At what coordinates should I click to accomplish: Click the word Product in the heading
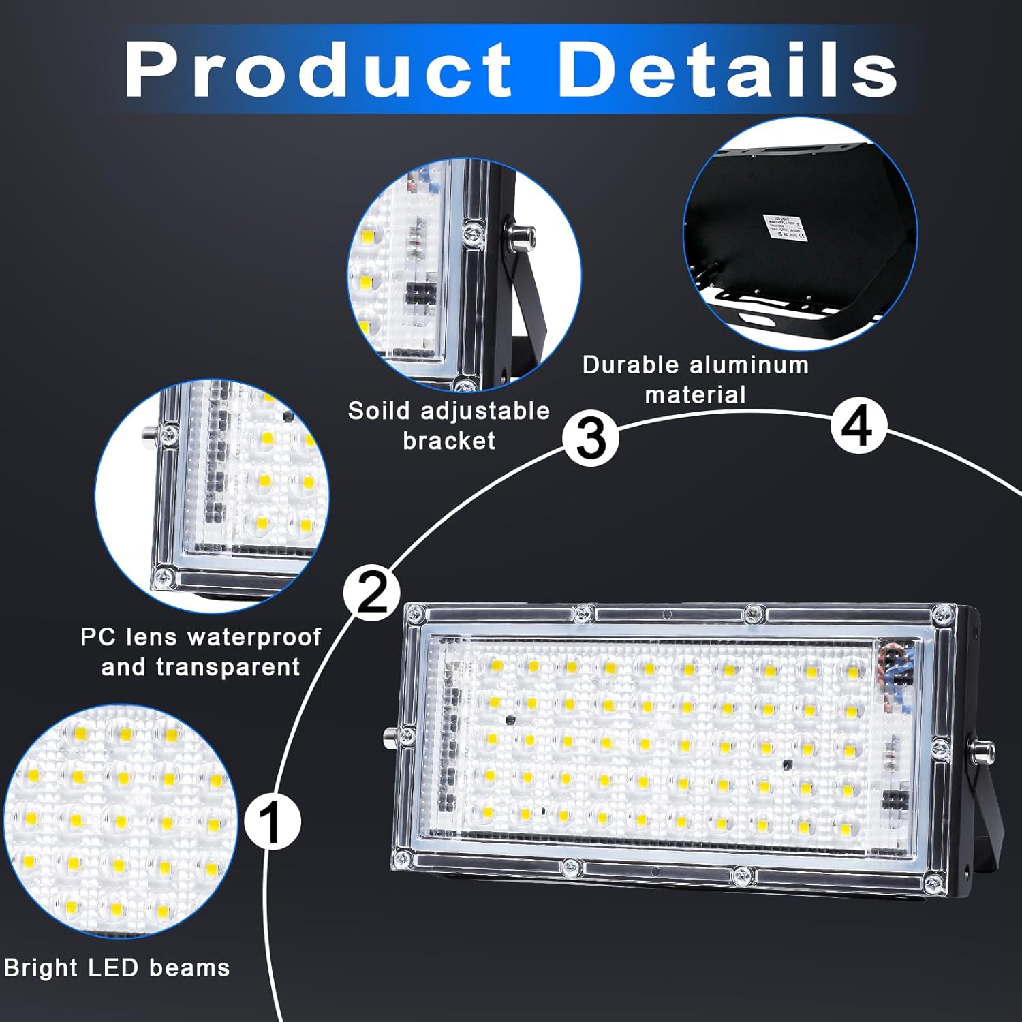[319, 69]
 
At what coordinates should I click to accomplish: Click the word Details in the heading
[728, 69]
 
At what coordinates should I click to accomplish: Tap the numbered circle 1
[272, 821]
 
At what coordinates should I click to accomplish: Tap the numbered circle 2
[372, 593]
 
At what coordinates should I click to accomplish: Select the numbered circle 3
[591, 437]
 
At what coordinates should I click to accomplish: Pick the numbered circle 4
[858, 426]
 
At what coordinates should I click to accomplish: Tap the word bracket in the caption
[449, 441]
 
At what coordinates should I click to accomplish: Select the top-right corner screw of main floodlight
[942, 615]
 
